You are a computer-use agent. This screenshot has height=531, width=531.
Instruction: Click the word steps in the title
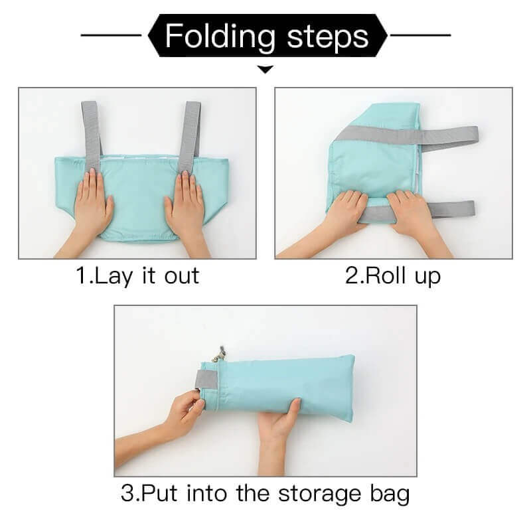point(328,36)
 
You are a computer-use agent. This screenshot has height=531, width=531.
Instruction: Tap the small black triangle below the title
point(265,68)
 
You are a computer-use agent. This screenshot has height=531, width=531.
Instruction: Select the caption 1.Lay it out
point(137,275)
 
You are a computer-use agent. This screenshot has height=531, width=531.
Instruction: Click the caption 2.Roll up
point(393,275)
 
